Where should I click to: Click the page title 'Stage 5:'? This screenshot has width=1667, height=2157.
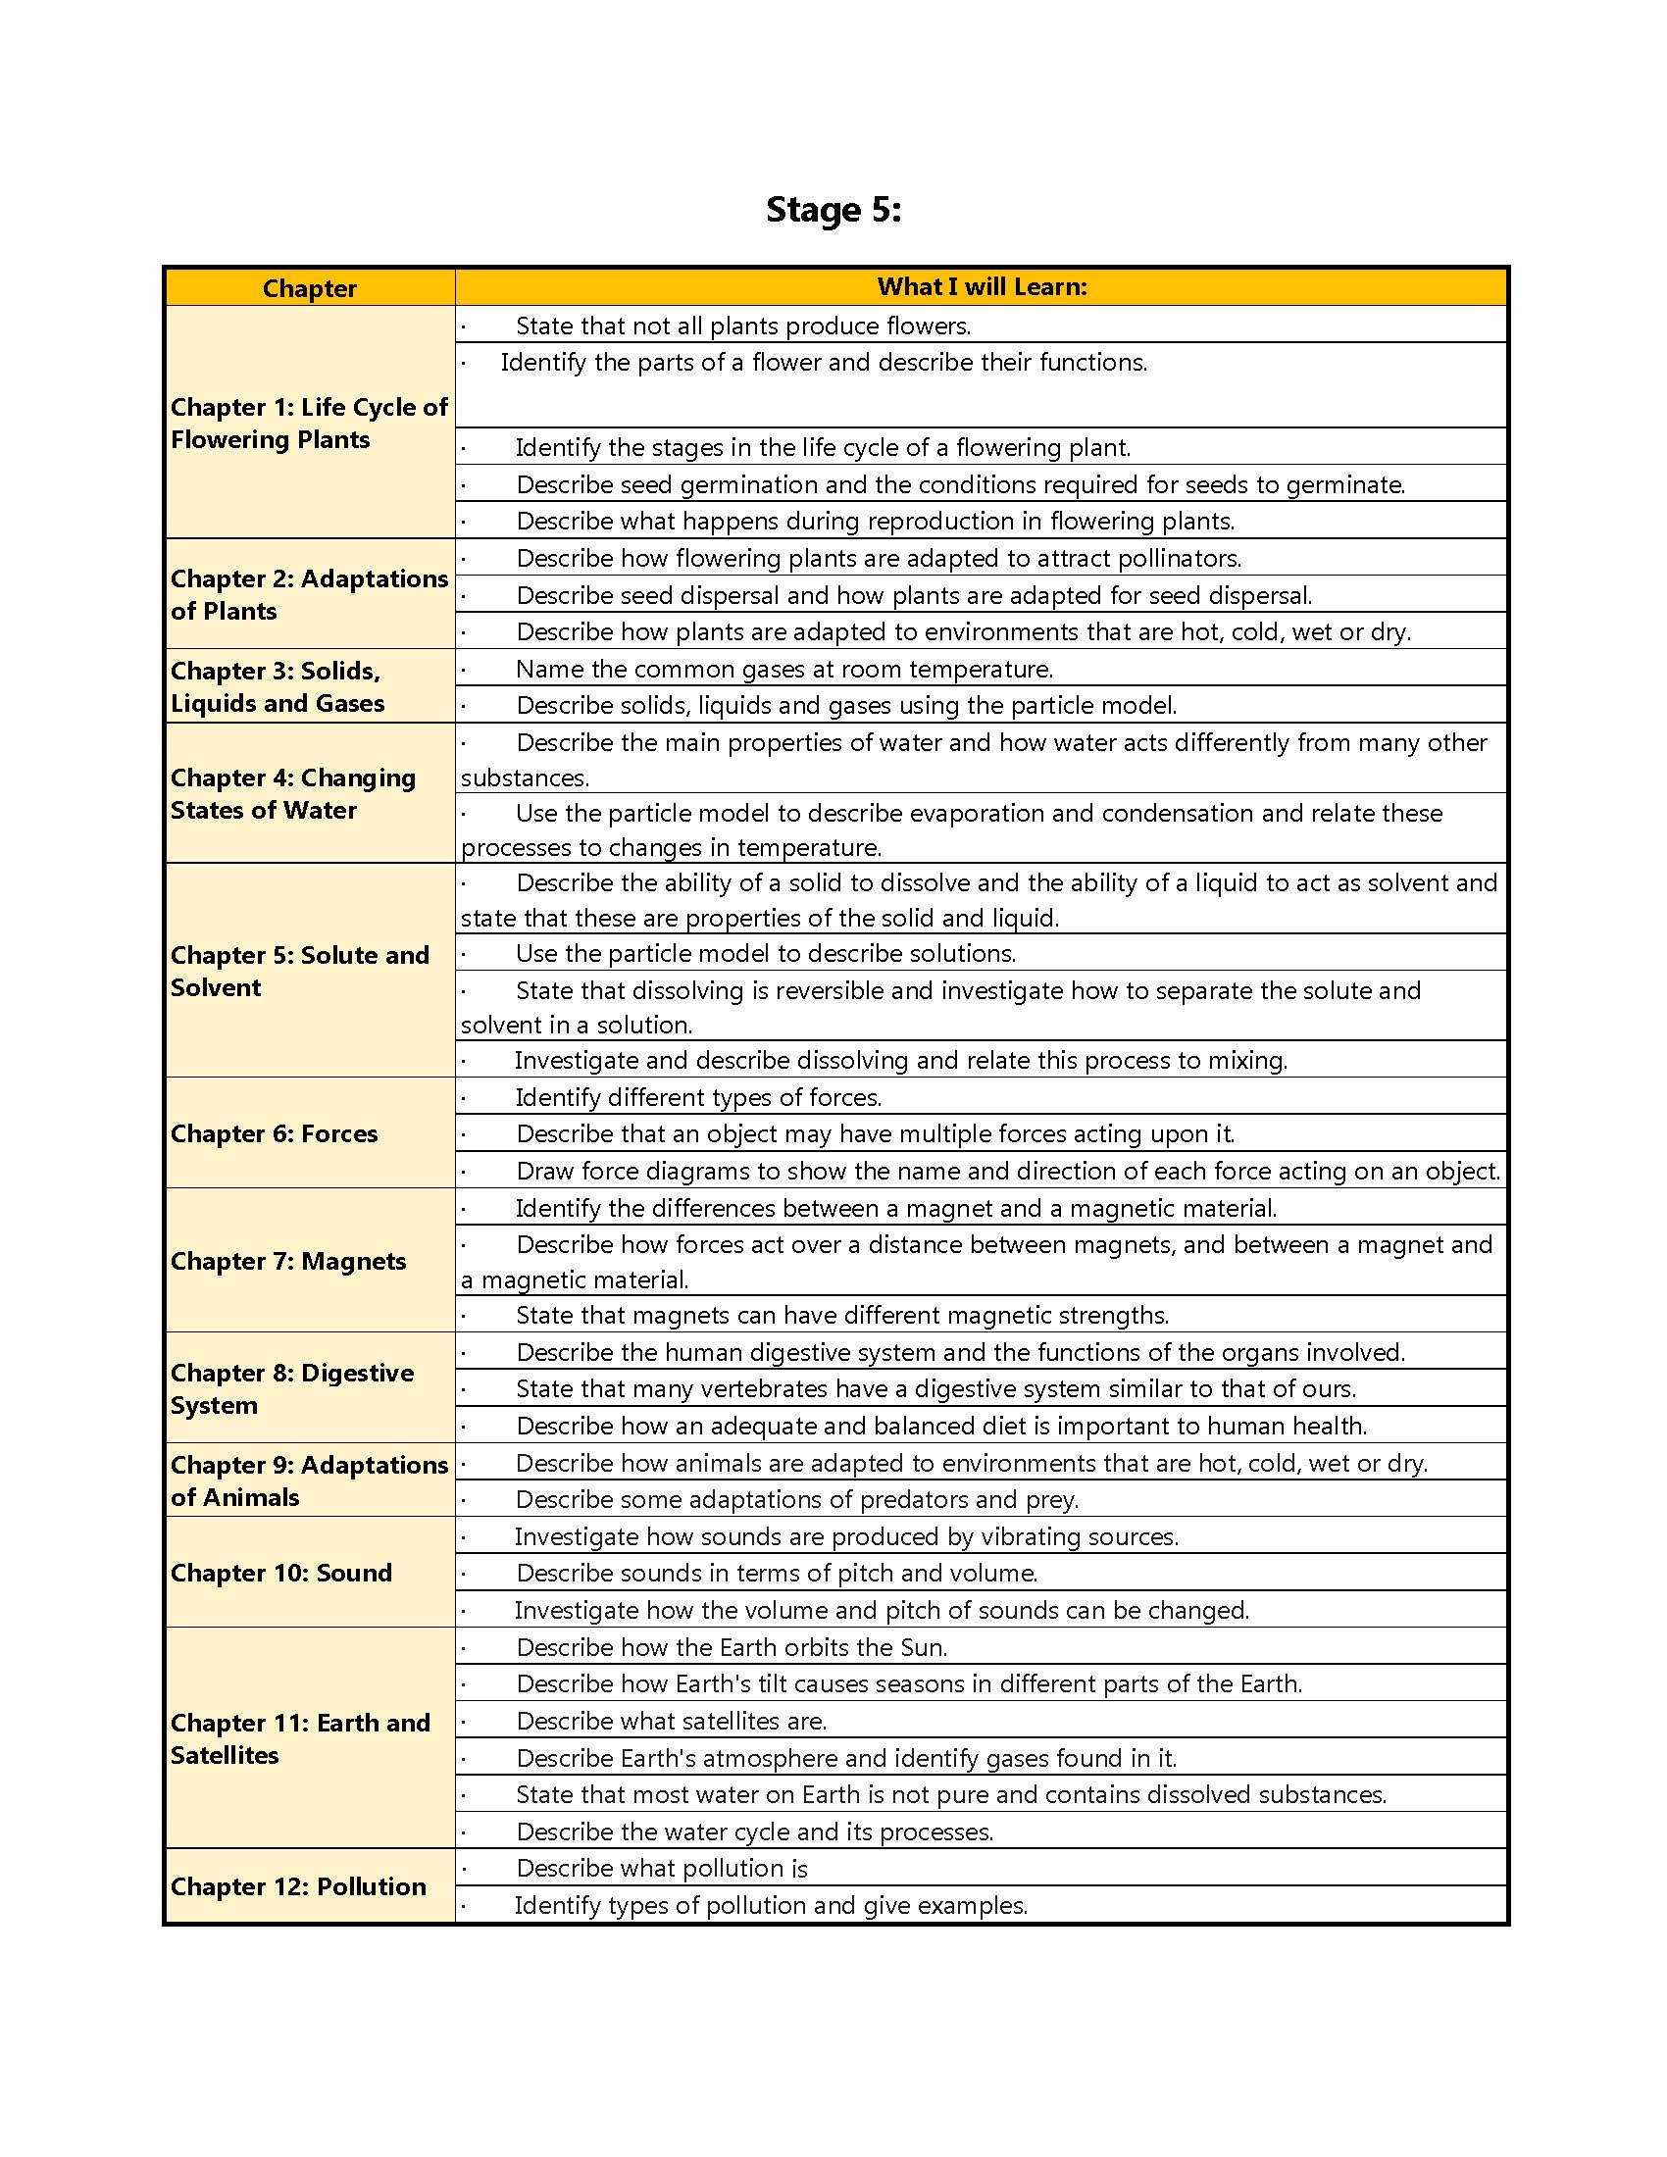point(833,210)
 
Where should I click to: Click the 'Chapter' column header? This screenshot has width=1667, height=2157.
point(309,288)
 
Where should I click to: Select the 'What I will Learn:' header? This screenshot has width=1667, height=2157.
point(982,286)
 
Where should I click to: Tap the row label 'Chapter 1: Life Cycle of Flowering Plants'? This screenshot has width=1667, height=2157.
point(309,423)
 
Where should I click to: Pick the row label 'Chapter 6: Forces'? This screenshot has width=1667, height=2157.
point(274,1133)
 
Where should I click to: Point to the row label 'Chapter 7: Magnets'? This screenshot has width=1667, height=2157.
point(287,1261)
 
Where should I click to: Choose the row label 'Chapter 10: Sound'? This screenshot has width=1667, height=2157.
point(280,1573)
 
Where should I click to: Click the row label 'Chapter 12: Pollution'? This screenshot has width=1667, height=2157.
point(297,1886)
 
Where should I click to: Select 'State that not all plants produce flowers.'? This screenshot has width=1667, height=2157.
point(742,326)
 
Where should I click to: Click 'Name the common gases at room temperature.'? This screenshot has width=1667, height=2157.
point(784,669)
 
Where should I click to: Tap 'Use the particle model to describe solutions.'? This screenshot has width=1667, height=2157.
point(766,953)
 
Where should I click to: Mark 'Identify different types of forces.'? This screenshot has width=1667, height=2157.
point(698,1097)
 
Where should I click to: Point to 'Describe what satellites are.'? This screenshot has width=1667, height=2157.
point(672,1721)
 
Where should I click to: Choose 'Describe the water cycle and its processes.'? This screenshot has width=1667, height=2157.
point(754,1831)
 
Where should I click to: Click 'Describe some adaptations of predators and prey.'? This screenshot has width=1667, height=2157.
point(797,1499)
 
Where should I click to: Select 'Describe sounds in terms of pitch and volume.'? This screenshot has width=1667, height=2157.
point(777,1573)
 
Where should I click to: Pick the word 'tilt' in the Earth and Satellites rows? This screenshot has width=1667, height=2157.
point(775,1682)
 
